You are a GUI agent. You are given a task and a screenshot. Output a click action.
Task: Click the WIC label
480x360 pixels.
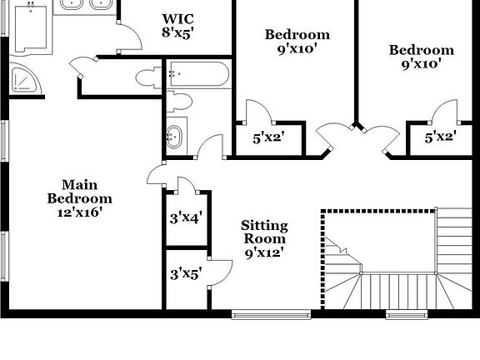[177, 19]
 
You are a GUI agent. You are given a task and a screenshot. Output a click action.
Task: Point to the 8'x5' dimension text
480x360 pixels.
[177, 32]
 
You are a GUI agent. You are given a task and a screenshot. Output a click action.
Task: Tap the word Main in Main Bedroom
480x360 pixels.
[80, 185]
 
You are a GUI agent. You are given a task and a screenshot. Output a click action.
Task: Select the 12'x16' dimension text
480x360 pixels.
[80, 212]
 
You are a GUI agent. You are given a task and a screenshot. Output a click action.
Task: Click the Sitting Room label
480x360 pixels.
[264, 232]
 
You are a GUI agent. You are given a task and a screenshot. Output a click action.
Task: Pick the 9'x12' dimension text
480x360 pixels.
[265, 252]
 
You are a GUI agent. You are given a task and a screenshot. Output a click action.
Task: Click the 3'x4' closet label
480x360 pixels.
[186, 218]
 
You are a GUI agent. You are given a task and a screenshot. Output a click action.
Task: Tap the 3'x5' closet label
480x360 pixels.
[186, 273]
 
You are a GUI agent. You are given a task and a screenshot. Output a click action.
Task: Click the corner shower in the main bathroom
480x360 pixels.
[25, 79]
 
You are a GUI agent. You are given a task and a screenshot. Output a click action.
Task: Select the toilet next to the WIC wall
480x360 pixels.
[148, 78]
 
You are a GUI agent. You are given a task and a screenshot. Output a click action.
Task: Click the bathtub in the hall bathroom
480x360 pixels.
[199, 74]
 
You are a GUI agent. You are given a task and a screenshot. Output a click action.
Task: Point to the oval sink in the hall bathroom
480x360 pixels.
[174, 137]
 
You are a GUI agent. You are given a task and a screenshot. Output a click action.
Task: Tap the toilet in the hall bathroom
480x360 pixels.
[179, 102]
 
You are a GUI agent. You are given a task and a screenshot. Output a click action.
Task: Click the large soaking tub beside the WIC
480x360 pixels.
[31, 30]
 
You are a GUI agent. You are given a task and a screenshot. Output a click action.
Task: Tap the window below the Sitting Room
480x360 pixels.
[271, 314]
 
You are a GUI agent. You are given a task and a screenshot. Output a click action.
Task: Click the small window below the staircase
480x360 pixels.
[407, 314]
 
